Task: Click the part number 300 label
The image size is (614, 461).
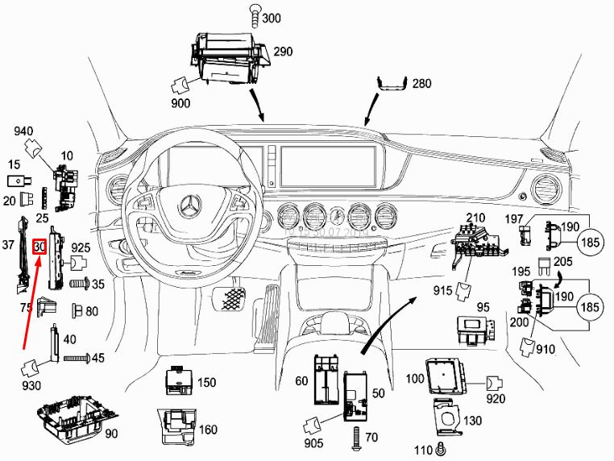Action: (x=272, y=19)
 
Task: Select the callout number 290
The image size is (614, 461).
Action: (x=283, y=51)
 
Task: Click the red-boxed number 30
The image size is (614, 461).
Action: (x=39, y=247)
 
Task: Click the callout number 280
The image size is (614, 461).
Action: (x=422, y=83)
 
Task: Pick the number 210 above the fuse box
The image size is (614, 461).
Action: (x=475, y=218)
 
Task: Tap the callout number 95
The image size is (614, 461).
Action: (x=483, y=306)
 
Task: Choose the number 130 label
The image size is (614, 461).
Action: (x=472, y=422)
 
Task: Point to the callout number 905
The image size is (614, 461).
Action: (x=314, y=444)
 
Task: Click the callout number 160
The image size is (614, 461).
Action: (x=208, y=430)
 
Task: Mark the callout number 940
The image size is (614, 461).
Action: (x=23, y=131)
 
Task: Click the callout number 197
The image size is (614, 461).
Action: (x=513, y=219)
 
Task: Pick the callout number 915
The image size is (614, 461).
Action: (x=442, y=289)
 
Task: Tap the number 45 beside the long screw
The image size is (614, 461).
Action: (x=98, y=358)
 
